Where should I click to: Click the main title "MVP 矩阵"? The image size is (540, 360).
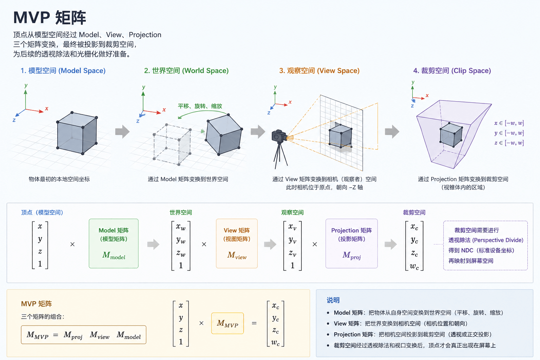tap(50, 18)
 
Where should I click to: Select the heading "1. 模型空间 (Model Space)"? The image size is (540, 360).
tap(63, 71)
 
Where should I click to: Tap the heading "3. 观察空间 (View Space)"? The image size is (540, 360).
tap(320, 71)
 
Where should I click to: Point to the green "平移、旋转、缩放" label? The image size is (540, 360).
tap(200, 106)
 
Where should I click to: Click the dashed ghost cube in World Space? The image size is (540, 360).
tap(172, 145)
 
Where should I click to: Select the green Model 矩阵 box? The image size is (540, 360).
tap(114, 244)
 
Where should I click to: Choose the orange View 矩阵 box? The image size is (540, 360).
tap(237, 244)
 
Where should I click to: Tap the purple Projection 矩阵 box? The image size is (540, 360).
tap(352, 244)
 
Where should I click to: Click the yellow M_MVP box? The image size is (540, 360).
tap(227, 323)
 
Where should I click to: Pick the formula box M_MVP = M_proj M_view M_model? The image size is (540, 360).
tap(84, 335)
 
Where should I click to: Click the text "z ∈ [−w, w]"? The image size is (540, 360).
tap(509, 143)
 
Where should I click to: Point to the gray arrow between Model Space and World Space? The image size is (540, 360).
tap(122, 131)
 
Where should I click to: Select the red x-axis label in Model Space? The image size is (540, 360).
tap(46, 109)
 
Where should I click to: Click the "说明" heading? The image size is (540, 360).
tap(333, 300)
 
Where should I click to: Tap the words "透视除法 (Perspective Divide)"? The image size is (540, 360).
tap(486, 240)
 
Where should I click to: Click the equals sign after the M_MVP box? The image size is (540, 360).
tap(254, 323)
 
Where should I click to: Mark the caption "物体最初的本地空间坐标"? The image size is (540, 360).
tap(59, 179)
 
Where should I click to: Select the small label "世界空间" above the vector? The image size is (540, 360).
tap(181, 212)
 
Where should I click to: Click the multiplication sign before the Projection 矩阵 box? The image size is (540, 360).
tap(315, 244)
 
